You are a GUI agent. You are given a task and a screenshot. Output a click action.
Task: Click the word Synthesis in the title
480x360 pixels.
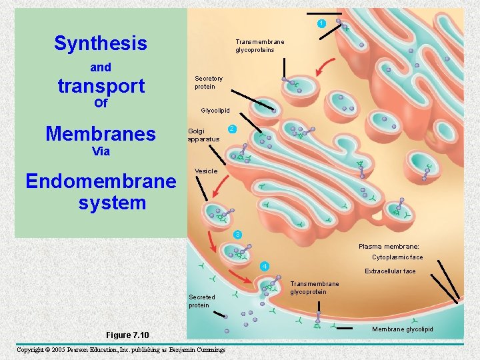[101, 44]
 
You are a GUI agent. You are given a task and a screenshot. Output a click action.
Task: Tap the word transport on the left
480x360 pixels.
[101, 86]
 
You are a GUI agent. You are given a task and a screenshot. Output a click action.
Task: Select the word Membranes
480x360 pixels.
[101, 134]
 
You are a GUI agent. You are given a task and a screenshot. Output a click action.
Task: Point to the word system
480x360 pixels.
[112, 202]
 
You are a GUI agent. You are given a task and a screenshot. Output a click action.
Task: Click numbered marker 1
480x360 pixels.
[321, 24]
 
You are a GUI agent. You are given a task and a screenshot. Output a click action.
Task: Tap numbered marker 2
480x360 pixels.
[231, 128]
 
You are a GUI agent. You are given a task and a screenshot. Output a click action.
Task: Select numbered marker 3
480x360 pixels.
[237, 234]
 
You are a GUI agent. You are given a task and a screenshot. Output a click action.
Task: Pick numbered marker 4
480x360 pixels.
[265, 267]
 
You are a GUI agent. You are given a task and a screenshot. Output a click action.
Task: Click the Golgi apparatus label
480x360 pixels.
[203, 135]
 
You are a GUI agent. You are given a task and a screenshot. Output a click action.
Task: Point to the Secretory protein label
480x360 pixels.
[209, 83]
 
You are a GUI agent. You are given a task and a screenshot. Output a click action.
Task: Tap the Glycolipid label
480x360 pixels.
[215, 111]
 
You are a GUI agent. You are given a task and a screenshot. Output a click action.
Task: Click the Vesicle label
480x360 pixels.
[206, 171]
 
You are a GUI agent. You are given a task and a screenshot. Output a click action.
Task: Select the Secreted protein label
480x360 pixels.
[202, 301]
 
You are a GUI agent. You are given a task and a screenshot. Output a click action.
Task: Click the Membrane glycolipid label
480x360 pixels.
[403, 329]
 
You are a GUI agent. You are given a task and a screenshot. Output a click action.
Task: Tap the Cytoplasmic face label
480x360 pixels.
[397, 257]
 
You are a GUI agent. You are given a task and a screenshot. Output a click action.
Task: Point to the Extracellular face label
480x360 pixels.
[390, 271]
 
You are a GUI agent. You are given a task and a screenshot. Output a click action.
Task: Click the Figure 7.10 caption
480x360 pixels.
[127, 335]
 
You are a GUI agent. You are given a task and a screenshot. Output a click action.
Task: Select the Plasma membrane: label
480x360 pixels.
[389, 247]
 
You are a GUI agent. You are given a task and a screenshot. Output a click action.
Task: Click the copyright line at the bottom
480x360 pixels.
[121, 350]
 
